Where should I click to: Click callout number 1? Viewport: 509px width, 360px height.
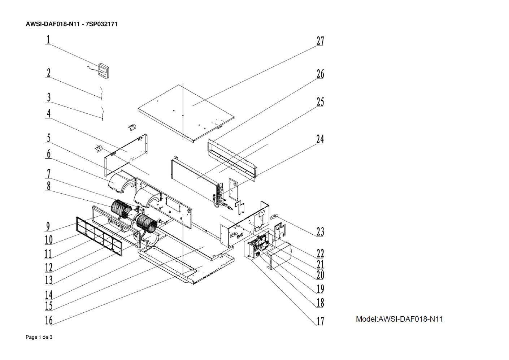click(x=48, y=39)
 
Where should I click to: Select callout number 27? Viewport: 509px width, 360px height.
click(x=320, y=41)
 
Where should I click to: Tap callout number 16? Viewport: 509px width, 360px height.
click(x=49, y=320)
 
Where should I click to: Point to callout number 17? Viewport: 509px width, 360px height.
click(x=320, y=321)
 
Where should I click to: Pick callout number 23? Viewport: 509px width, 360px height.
click(x=320, y=232)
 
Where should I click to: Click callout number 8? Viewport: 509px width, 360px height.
click(x=49, y=186)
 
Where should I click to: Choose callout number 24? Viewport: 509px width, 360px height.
click(x=320, y=139)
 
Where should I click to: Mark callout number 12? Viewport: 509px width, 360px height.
click(x=49, y=268)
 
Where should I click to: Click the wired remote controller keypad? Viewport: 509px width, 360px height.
click(x=104, y=71)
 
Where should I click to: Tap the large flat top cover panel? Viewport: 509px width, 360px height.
click(x=186, y=113)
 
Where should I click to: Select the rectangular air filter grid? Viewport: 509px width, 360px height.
click(x=99, y=236)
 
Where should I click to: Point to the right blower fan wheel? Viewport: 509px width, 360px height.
click(x=147, y=222)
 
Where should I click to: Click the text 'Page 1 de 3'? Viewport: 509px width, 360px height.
click(x=39, y=337)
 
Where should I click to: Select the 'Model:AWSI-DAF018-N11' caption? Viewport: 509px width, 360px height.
click(x=399, y=319)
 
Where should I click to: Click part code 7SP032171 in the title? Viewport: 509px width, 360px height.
click(x=101, y=24)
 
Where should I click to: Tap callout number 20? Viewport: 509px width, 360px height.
click(x=320, y=275)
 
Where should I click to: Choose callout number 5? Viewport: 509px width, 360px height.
click(x=48, y=138)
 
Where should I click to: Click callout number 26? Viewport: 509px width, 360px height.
click(x=320, y=74)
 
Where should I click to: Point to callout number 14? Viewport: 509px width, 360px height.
click(x=49, y=295)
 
